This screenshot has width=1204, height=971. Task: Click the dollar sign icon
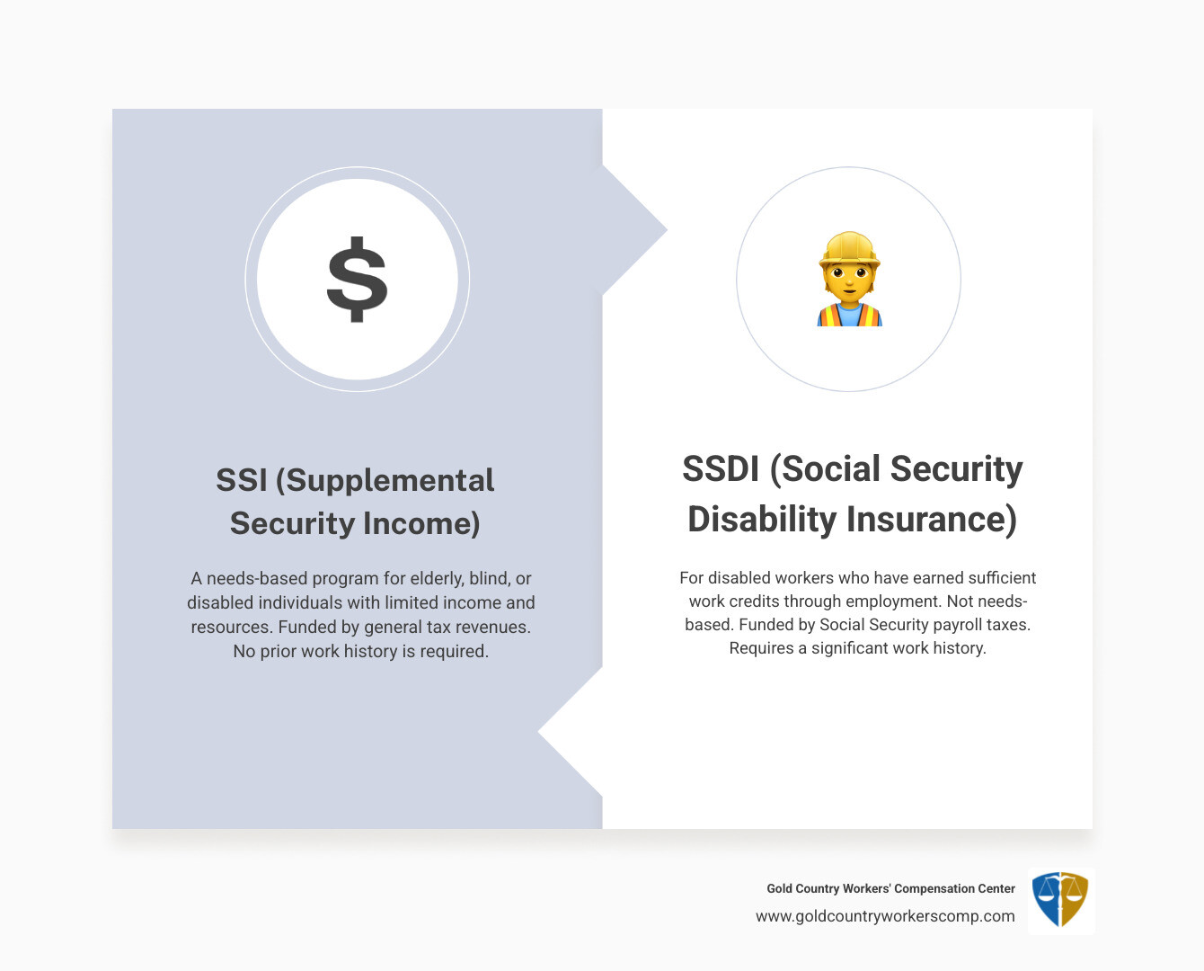pos(358,280)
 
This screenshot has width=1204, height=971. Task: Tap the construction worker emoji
pos(849,280)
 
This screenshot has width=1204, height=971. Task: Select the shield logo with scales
pos(1060,900)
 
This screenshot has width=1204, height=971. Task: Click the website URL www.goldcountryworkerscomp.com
pos(885,916)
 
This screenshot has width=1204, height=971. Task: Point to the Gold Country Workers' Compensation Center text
pos(890,888)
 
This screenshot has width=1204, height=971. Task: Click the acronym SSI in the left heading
pos(242,480)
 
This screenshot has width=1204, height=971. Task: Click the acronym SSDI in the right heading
pos(722,469)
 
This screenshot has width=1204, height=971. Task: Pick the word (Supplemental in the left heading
pos(385,480)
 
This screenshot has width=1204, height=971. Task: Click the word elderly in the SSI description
pos(434,578)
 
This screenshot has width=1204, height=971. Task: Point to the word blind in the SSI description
pos(489,578)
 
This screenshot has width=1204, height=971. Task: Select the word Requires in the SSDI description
pos(761,648)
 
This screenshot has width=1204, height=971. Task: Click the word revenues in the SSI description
pos(492,627)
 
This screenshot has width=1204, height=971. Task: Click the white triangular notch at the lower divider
pos(566,733)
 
